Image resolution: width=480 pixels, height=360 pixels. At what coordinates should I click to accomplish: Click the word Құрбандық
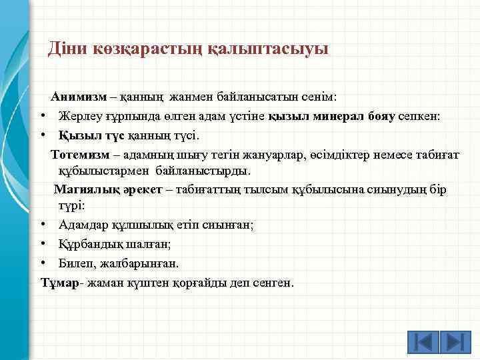87,245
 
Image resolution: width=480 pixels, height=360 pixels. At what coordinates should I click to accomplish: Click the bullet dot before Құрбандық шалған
42,245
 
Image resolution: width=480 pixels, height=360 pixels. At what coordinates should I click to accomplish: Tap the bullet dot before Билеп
42,264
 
